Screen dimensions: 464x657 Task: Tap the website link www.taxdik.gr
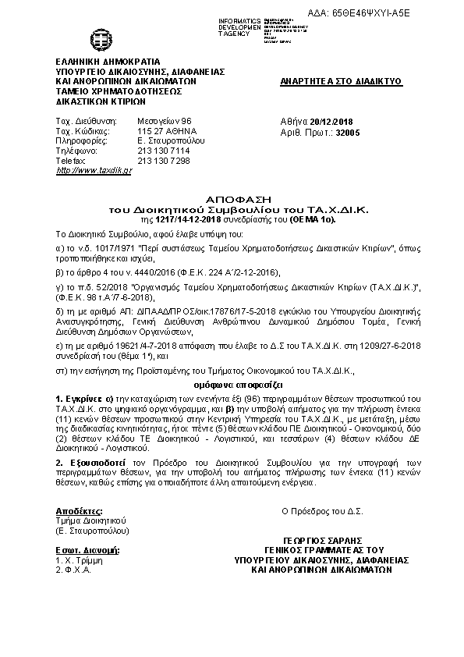(94, 170)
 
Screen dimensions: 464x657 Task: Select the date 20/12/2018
(336, 122)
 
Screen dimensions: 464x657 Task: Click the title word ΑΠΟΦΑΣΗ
(232, 201)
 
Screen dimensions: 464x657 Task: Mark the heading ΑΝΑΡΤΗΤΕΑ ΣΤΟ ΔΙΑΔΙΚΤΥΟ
(340, 80)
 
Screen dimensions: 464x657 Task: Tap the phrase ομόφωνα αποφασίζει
(232, 385)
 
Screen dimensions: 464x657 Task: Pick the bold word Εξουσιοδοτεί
(91, 462)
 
